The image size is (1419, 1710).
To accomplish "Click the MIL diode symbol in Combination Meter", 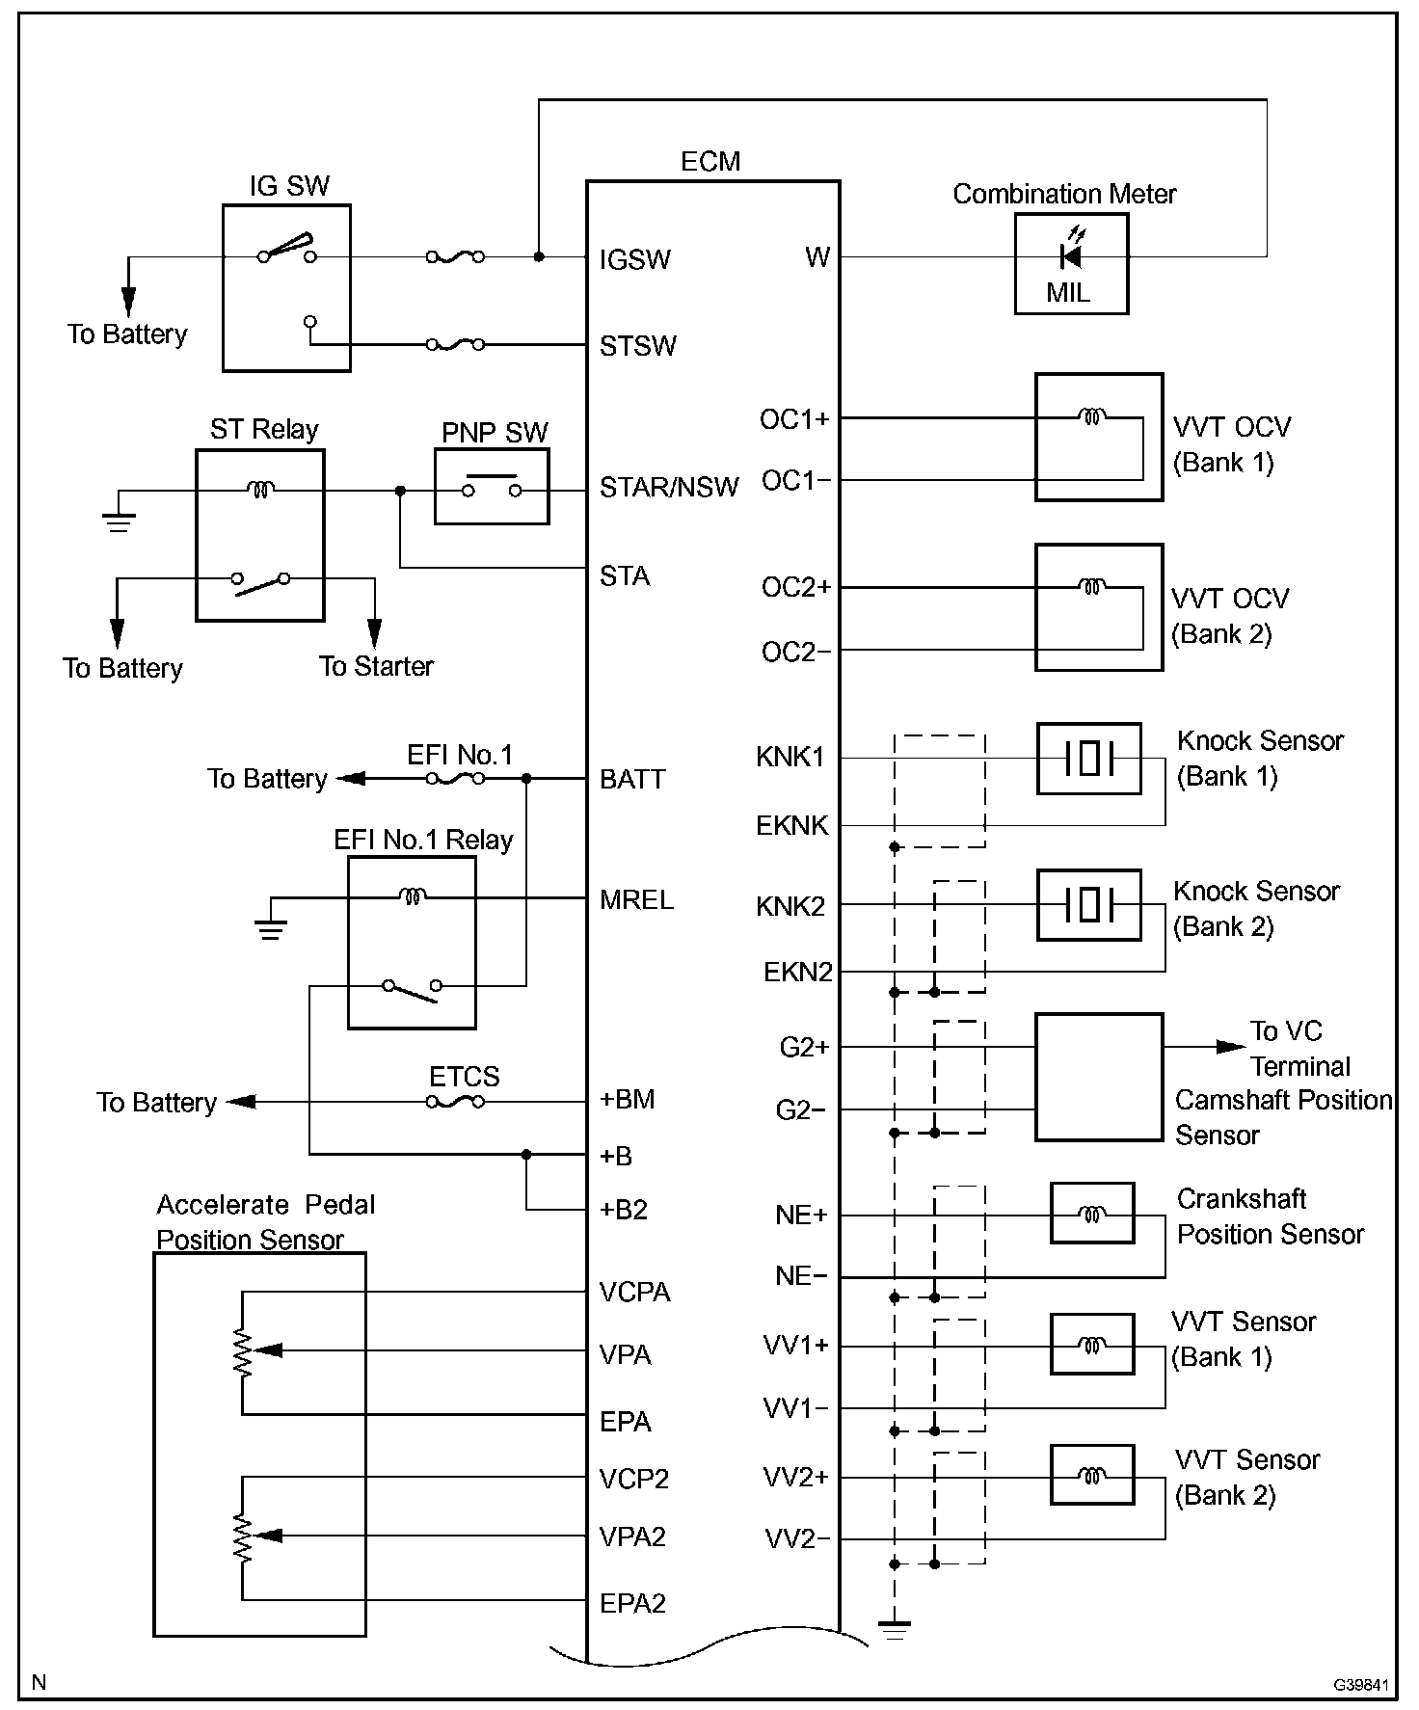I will pos(1070,256).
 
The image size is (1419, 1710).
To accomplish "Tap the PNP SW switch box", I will pos(492,487).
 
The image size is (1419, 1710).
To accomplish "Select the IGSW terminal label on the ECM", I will pos(634,259).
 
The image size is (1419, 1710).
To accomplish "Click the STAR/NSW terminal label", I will pos(669,487).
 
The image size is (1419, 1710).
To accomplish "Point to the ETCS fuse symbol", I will pos(455,1102).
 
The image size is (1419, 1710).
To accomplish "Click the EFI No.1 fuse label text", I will pos(460,755).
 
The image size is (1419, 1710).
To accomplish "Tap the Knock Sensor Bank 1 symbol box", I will pos(1088,759).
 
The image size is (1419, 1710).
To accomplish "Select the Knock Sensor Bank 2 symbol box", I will pos(1088,905).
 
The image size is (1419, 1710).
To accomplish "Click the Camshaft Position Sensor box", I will pos(1098,1077).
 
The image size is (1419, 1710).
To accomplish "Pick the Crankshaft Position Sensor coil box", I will pos(1091,1214).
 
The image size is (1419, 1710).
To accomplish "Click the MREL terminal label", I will pos(636,899).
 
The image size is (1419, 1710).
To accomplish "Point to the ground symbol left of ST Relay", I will pos(119,521).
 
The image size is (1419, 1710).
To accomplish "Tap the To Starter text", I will pos(376,666).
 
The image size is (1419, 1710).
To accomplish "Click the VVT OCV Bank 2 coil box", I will pos(1098,607).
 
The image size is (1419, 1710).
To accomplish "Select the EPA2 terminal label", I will pos(632,1603).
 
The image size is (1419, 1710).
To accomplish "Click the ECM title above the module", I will pos(710,161).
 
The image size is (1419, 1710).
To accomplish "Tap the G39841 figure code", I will pos(1361,1684).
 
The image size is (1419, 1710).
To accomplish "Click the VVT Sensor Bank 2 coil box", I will pos(1091,1475).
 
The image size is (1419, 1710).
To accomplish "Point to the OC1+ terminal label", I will pos(794,419).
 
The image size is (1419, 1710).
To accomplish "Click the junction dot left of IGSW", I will pos(539,256).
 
